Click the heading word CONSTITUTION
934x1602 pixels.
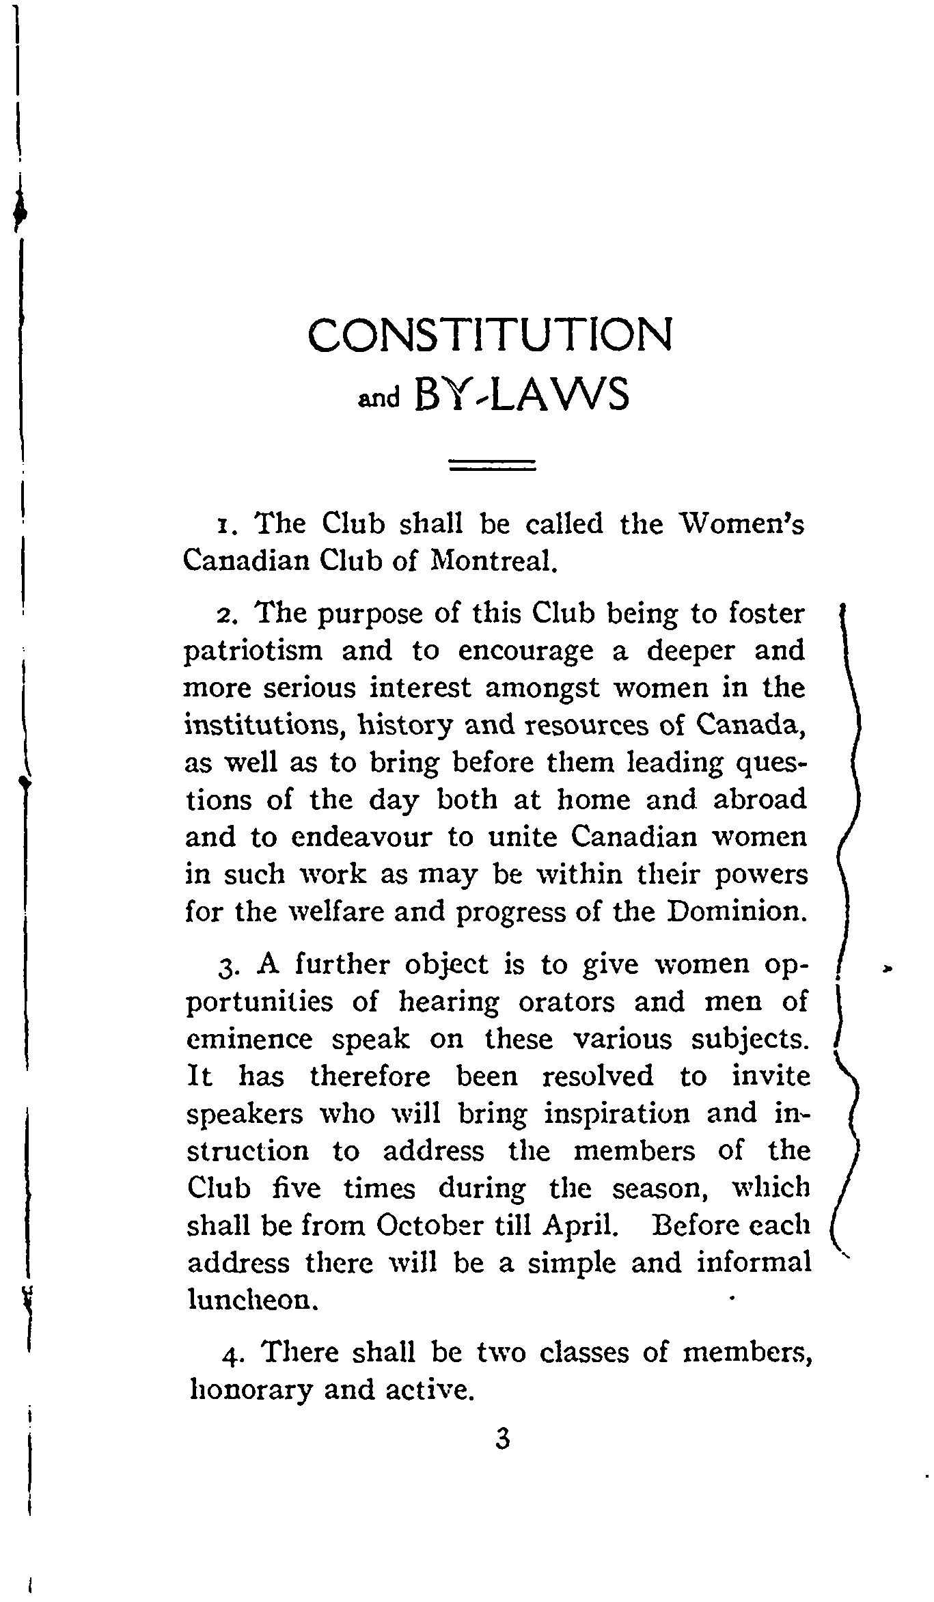[x=490, y=335]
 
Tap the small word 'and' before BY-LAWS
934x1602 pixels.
[x=379, y=398]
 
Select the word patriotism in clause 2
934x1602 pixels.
[x=253, y=651]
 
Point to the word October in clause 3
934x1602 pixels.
[x=428, y=1225]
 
